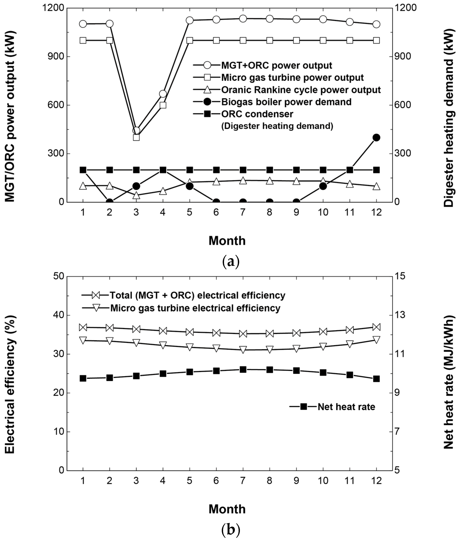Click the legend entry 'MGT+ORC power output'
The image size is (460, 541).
click(x=276, y=66)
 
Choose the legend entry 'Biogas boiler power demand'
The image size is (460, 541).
click(x=286, y=102)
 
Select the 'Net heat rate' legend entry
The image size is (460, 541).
click(x=346, y=407)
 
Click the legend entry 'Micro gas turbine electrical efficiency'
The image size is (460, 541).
click(x=195, y=308)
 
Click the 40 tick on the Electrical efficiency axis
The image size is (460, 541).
click(x=59, y=315)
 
